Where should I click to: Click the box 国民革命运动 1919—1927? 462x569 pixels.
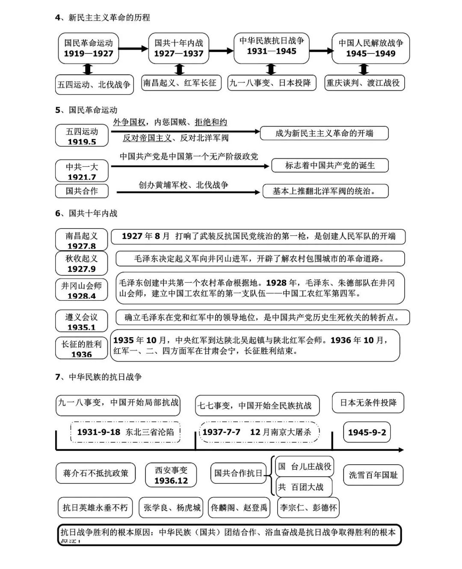[x=89, y=48]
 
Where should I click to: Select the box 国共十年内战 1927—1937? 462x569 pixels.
[x=179, y=48]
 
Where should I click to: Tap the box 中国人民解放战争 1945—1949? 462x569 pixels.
[x=370, y=48]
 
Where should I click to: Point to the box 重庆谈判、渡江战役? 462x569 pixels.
[x=364, y=83]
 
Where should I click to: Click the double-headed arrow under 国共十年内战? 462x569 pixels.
[x=180, y=69]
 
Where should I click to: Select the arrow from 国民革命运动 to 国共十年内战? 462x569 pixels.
[x=133, y=49]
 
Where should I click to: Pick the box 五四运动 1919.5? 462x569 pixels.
[x=82, y=136]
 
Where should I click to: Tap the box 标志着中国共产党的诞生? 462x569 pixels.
[x=330, y=166]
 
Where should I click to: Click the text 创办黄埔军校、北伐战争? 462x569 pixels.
[x=184, y=185]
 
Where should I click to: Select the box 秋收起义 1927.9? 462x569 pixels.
[x=81, y=263]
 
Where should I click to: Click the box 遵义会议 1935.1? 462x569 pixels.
[x=81, y=321]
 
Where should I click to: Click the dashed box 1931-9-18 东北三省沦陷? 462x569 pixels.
[x=125, y=432]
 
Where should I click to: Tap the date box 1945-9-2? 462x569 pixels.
[x=367, y=432]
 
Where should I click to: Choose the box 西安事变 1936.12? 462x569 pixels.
[x=171, y=475]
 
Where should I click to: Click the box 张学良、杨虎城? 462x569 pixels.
[x=172, y=508]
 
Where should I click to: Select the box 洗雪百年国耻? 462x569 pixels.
[x=373, y=475]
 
